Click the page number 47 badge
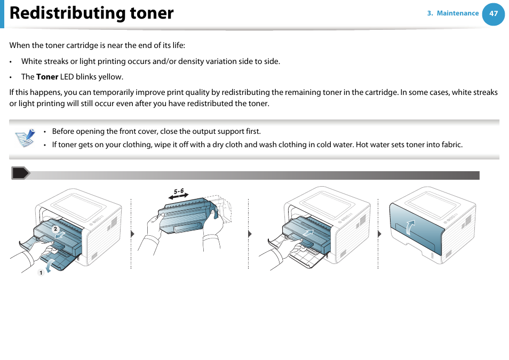coord(493,14)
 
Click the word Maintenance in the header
coord(457,13)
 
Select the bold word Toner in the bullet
coord(47,77)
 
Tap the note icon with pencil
coord(25,138)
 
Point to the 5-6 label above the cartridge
coord(178,191)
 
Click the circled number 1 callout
coord(39,273)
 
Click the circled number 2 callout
coord(54,229)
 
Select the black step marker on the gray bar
coord(20,173)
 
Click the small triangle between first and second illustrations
coord(132,234)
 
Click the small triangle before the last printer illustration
coord(380,234)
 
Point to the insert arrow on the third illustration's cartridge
coord(309,233)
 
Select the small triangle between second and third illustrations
coord(250,234)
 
